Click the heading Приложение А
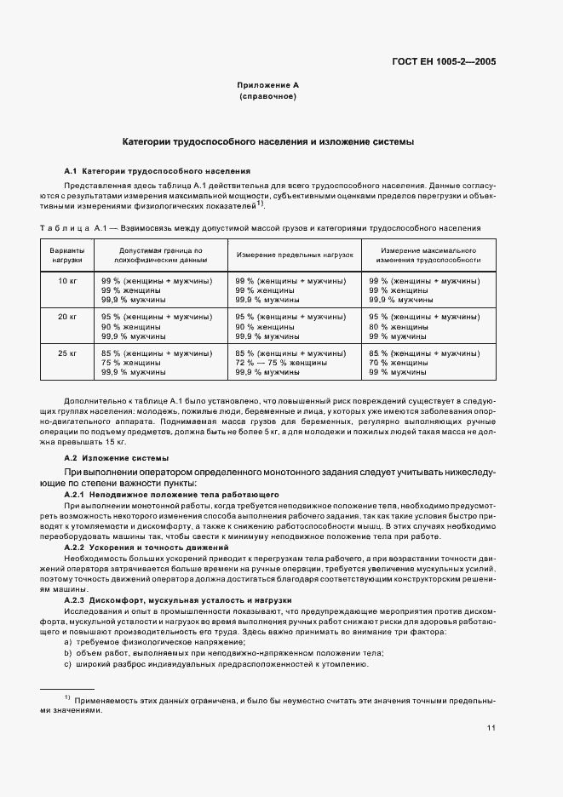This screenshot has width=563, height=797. [x=267, y=85]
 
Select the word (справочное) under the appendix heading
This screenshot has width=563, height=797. [x=267, y=97]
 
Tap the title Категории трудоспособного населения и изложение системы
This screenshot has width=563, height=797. [x=267, y=141]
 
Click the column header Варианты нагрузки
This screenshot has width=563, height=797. [x=67, y=255]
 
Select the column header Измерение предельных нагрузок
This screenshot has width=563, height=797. [x=295, y=255]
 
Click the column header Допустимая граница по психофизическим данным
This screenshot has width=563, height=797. [x=161, y=255]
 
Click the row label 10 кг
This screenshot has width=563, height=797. [x=67, y=281]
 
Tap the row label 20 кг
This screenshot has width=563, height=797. [x=67, y=317]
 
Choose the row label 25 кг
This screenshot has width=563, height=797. [x=67, y=353]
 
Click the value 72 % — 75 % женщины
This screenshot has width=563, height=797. [x=277, y=363]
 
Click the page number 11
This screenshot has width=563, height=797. [x=491, y=728]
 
